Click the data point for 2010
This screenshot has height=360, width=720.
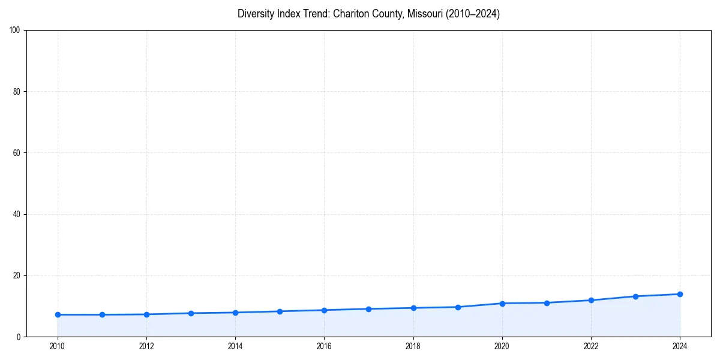pyautogui.click(x=58, y=314)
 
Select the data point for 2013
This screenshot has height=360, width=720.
pyautogui.click(x=191, y=313)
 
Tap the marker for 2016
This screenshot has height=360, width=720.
pyautogui.click(x=324, y=310)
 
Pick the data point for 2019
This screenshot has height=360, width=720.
pyautogui.click(x=458, y=307)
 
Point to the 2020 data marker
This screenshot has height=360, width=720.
pyautogui.click(x=502, y=304)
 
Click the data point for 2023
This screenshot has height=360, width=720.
pyautogui.click(x=635, y=296)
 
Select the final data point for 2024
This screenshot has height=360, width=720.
pyautogui.click(x=680, y=294)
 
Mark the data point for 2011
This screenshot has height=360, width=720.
pyautogui.click(x=102, y=314)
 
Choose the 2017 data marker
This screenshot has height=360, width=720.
pyautogui.click(x=368, y=309)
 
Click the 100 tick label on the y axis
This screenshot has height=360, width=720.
pyautogui.click(x=15, y=30)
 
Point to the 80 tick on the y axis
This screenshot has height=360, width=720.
pyautogui.click(x=17, y=92)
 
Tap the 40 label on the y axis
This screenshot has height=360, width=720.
pyautogui.click(x=17, y=214)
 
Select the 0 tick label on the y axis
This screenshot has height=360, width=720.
pyautogui.click(x=19, y=337)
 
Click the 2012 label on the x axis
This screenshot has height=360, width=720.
pyautogui.click(x=146, y=346)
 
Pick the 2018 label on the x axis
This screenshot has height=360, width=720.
pyautogui.click(x=413, y=346)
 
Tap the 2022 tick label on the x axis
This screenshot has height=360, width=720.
pyautogui.click(x=591, y=346)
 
